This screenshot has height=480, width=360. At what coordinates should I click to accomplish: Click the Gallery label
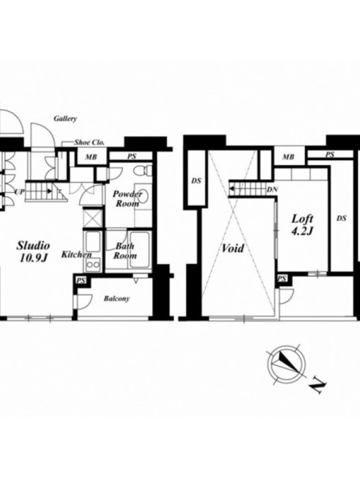coord(65,118)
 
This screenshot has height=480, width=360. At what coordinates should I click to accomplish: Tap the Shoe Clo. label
coord(89,142)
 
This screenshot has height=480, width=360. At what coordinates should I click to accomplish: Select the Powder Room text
coord(127,199)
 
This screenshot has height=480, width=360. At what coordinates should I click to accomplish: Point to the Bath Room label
coord(125,251)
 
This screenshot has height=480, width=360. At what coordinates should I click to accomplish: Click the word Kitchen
coord(77,254)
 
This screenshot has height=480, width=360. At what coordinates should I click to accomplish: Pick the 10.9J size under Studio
coord(33,259)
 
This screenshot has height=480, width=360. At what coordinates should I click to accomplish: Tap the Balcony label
coord(116,298)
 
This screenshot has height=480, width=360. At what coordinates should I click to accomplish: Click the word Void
coord(233,248)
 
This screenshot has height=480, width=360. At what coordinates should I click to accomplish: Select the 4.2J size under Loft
coord(302,231)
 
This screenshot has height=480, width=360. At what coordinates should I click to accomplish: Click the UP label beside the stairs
coord(19,192)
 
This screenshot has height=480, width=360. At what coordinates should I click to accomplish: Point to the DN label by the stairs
coord(272,190)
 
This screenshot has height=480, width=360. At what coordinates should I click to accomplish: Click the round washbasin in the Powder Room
coord(142,196)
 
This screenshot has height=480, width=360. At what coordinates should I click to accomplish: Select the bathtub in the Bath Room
coord(140,250)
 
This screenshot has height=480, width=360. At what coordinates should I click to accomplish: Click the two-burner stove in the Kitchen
coord(93,265)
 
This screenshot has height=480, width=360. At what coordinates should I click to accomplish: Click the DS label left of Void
coord(196,181)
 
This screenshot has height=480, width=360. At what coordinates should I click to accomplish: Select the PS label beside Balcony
coord(81,280)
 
